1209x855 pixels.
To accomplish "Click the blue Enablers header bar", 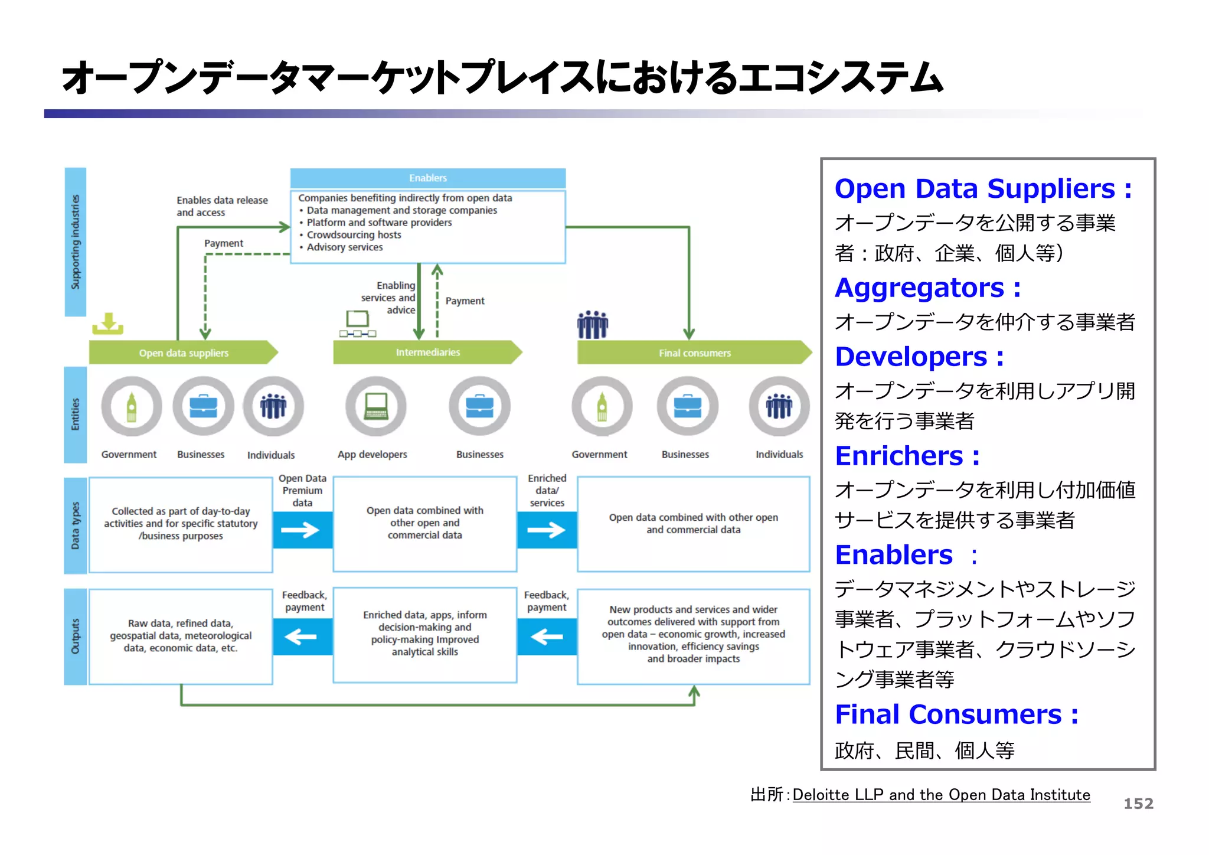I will [x=427, y=178].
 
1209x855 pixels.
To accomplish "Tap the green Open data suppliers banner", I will [x=183, y=353].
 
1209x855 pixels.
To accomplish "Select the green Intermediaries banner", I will [x=427, y=352].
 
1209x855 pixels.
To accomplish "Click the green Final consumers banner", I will [x=694, y=353].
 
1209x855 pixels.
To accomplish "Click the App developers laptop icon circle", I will [x=375, y=406].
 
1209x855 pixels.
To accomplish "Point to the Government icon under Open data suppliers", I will [x=131, y=406].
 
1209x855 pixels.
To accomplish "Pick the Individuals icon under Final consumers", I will [x=779, y=406].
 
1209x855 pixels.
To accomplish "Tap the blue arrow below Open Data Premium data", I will [x=302, y=530].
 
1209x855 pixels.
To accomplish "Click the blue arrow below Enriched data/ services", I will [x=547, y=530].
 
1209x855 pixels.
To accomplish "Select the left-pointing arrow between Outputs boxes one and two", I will [x=302, y=637].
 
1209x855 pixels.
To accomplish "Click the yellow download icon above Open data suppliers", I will [x=108, y=324].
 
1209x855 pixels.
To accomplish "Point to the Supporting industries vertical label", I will [x=75, y=242].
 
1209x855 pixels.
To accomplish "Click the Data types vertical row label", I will [x=75, y=526].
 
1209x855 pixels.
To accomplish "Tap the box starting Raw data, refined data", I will [x=181, y=636].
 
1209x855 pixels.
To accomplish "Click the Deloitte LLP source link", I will [x=941, y=795].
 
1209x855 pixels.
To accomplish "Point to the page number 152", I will [x=1138, y=804].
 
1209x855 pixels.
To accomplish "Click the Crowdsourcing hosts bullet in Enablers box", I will [x=354, y=235].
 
